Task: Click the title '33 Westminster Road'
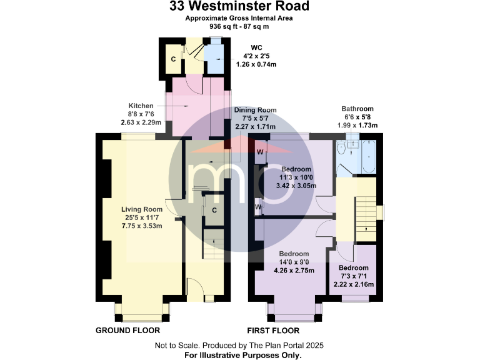point(239,7)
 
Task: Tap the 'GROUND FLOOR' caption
point(127,331)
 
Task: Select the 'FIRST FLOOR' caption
point(273,331)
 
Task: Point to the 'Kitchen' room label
point(141,106)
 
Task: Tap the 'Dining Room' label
point(255,110)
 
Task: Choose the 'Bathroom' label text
point(357,109)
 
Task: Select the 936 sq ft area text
point(239,27)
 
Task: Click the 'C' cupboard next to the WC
point(172,59)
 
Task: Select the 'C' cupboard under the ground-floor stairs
point(214,210)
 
